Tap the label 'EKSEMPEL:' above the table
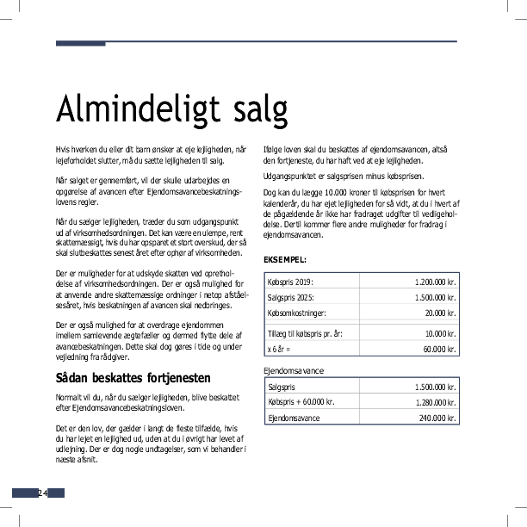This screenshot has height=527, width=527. click(x=284, y=259)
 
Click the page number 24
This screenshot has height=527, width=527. click(x=41, y=493)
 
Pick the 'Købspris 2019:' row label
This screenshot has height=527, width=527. click(x=291, y=282)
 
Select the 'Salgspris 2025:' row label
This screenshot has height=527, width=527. click(x=292, y=297)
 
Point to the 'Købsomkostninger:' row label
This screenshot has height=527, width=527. click(x=298, y=313)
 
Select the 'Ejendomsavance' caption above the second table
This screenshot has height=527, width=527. click(x=295, y=370)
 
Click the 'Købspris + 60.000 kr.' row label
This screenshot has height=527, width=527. click(x=301, y=401)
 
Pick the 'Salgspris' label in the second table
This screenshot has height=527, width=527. click(x=282, y=387)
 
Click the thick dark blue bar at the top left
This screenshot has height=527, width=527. click(x=80, y=43)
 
